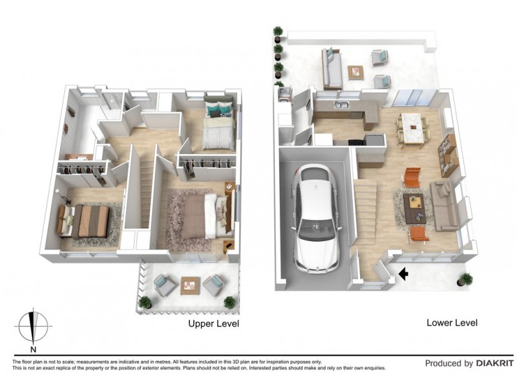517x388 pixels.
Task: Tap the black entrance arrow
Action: tap(403, 274)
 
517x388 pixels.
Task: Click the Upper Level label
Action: tap(213, 324)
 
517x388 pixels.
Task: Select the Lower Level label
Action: tap(452, 323)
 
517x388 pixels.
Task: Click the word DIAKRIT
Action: tap(495, 363)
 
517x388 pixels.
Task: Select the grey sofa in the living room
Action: tap(443, 206)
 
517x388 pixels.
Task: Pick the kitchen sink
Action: tap(342, 105)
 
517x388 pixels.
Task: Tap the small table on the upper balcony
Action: tap(190, 286)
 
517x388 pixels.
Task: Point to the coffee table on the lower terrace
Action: tap(355, 72)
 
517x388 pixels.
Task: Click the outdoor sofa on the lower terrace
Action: tap(332, 69)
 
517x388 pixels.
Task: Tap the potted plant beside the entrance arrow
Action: tap(465, 279)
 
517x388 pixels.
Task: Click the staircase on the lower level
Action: tap(364, 215)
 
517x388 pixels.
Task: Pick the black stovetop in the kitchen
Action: tap(355, 142)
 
